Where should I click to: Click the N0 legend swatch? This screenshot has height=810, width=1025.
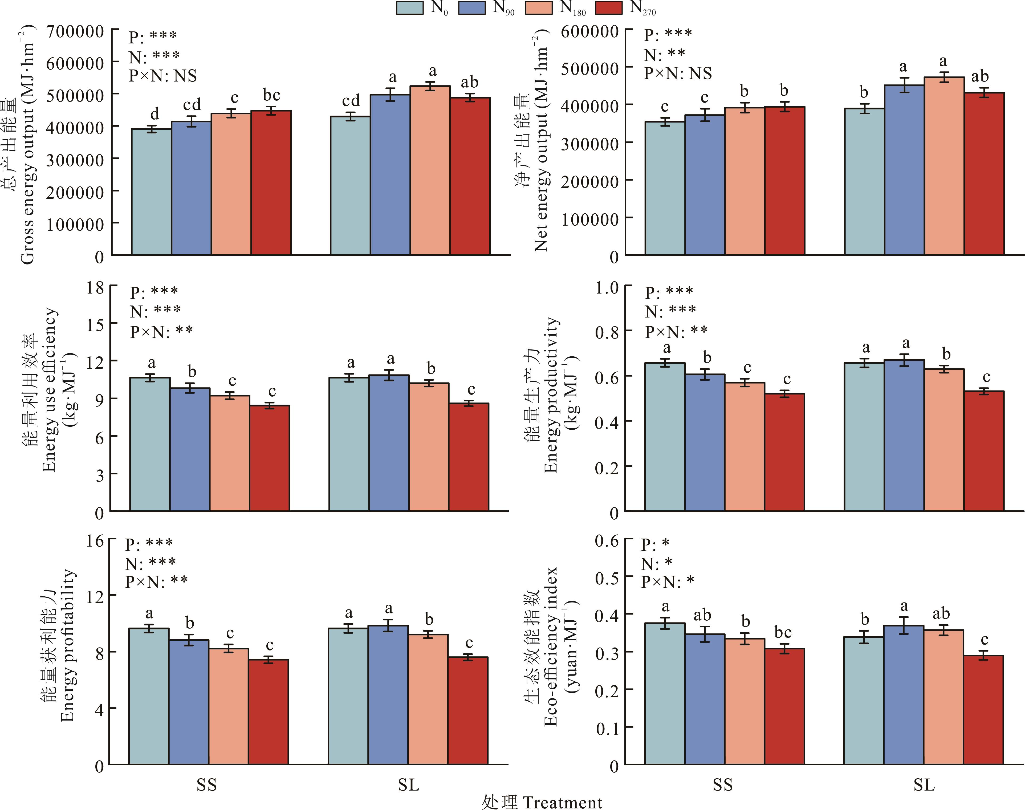click(409, 8)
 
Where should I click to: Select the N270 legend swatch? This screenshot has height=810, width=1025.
click(609, 8)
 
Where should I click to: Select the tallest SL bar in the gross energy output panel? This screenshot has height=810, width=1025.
click(430, 171)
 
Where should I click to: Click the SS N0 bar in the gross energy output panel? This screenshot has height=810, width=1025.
click(151, 192)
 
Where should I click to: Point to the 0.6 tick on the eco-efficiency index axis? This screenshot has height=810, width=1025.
click(607, 541)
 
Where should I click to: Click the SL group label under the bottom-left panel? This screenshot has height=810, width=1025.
click(408, 785)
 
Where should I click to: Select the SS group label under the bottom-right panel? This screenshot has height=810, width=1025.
click(722, 785)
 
